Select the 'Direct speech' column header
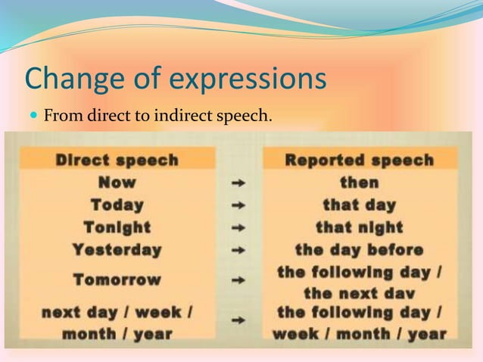click(117, 160)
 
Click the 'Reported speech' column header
click(359, 160)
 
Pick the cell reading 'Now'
click(117, 183)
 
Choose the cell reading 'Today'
click(117, 204)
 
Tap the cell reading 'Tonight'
click(117, 227)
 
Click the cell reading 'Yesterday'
click(117, 249)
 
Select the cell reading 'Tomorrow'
click(117, 279)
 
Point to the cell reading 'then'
click(359, 183)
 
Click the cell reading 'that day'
click(359, 204)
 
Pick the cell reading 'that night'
click(359, 227)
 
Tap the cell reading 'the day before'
click(359, 249)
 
